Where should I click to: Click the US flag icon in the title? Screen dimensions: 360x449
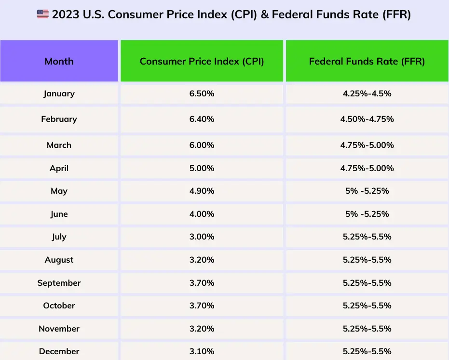coord(43,14)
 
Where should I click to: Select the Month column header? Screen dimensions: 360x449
coord(59,61)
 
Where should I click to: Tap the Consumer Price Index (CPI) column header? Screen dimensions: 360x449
coord(202,61)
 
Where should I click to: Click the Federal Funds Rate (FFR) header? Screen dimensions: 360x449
coord(367,61)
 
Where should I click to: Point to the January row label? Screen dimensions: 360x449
coord(59,93)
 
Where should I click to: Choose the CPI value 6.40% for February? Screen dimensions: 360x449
coord(202,119)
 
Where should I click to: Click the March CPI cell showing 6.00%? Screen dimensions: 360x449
coord(202,145)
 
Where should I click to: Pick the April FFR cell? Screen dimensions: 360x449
coord(367,168)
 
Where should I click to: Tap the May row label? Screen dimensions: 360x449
coord(59,191)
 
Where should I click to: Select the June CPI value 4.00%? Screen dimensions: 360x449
coord(202,214)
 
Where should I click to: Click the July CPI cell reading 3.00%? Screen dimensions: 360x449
coord(202,237)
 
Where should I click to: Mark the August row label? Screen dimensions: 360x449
coord(59,260)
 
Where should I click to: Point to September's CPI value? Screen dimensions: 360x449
coord(202,283)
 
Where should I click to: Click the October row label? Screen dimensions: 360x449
coord(59,306)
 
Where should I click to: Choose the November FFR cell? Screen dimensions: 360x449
coord(367,329)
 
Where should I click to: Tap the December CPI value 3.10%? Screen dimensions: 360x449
coord(202,351)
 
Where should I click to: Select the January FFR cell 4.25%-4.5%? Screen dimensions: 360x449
coord(367,93)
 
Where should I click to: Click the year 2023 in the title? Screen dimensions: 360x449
coord(66,14)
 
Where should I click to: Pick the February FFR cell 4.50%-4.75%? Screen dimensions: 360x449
coord(367,119)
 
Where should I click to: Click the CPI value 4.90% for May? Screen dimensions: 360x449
coord(202,191)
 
